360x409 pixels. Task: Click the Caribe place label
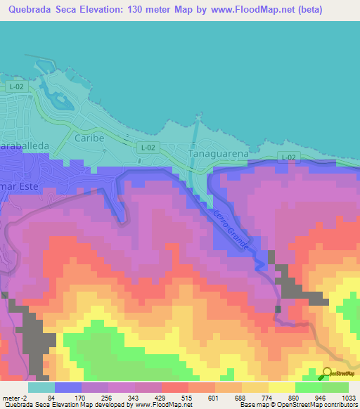(x=89, y=138)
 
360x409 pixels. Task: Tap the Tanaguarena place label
(x=220, y=152)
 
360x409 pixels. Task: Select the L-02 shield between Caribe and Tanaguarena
(x=146, y=147)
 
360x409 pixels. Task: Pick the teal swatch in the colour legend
(x=41, y=387)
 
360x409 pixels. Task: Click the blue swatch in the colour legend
(x=68, y=387)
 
